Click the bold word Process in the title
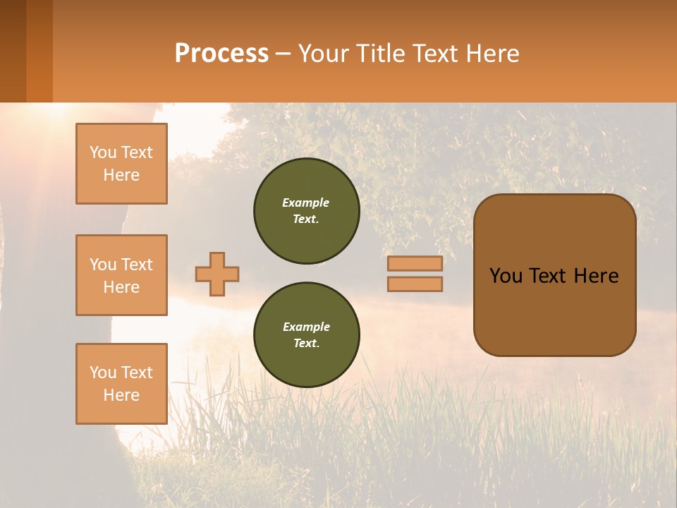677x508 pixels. [221, 54]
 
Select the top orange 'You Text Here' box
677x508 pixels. [121, 164]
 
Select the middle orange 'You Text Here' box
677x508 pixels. [121, 275]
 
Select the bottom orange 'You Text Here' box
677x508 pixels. [121, 383]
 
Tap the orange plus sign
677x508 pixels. [216, 274]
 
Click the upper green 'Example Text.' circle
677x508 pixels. [306, 211]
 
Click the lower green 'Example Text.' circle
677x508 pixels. [306, 335]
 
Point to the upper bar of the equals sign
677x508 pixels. [415, 264]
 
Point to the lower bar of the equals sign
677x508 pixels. [415, 284]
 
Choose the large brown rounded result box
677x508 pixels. [554, 310]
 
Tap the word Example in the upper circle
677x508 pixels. [306, 203]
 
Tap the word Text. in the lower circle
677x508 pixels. [306, 344]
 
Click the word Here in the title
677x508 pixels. [493, 54]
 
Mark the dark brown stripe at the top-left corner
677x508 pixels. [13, 51]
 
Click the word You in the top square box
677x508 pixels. [102, 152]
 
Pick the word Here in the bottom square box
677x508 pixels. [121, 395]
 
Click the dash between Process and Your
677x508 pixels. [283, 54]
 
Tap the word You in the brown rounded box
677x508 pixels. [506, 276]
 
